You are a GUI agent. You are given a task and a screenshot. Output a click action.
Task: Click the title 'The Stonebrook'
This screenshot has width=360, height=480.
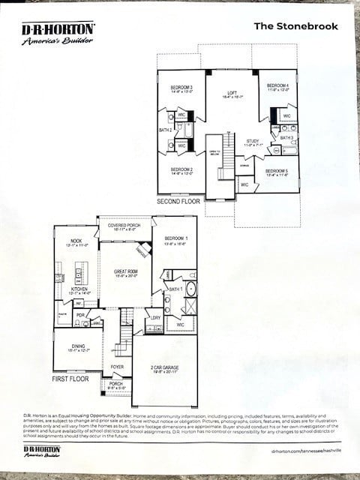tap(295, 26)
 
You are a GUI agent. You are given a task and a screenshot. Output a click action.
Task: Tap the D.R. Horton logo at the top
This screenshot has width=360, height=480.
tap(58, 32)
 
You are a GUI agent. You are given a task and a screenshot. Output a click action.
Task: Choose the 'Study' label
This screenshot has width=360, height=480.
tap(252, 142)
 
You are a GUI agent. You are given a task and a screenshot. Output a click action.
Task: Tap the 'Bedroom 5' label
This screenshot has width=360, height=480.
tap(277, 172)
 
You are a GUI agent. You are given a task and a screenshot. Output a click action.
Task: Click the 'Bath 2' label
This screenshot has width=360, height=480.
tap(165, 130)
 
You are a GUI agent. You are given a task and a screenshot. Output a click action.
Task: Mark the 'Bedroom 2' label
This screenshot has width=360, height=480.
tap(181, 171)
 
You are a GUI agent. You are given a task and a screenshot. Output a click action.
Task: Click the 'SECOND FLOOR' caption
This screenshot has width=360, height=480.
tap(178, 202)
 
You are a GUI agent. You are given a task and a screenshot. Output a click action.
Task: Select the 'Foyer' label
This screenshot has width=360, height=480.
tap(118, 367)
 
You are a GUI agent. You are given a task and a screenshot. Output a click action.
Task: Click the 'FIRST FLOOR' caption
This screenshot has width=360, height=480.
tap(70, 379)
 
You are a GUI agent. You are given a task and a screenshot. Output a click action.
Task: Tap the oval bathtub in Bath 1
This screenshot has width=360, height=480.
tap(190, 288)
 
